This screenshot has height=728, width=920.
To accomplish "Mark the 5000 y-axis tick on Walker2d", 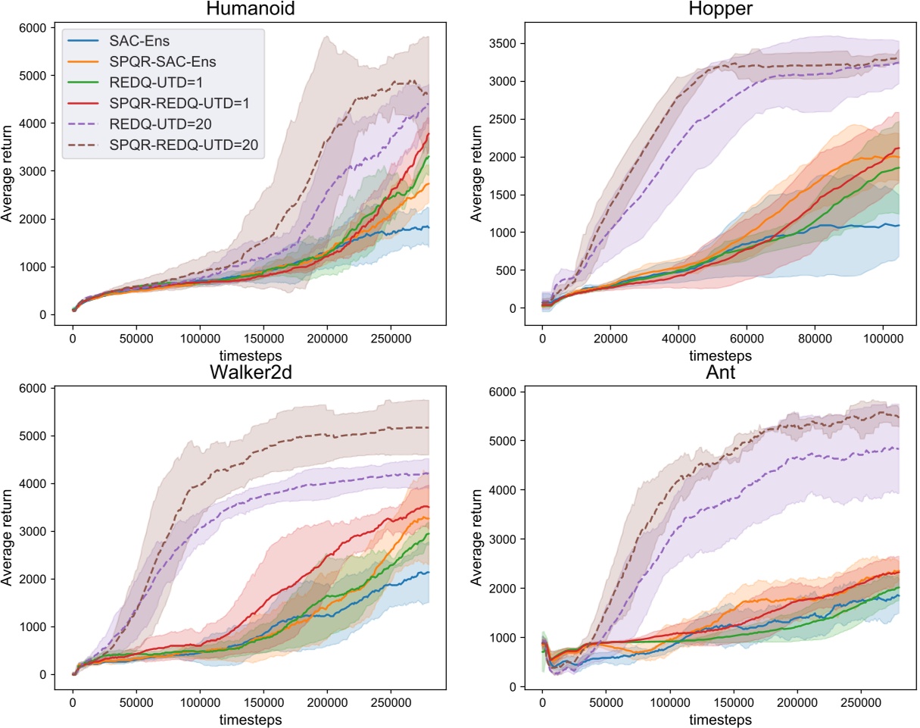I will (33, 436).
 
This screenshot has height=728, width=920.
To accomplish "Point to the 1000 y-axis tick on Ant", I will (504, 637).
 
